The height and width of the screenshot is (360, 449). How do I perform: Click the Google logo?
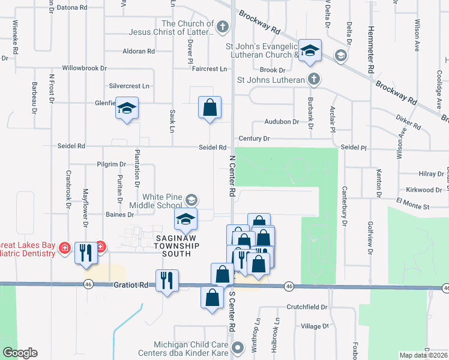[20, 353]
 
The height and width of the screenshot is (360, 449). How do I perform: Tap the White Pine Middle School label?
[162, 201]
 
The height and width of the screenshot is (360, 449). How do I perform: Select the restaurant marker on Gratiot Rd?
[166, 280]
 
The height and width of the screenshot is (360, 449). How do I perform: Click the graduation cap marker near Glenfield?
[127, 108]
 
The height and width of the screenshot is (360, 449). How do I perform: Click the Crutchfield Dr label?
[307, 307]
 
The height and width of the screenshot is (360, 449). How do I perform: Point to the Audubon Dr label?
[282, 122]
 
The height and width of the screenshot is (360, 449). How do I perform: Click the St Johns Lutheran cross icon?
[313, 79]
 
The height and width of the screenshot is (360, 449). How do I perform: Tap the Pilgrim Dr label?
[110, 164]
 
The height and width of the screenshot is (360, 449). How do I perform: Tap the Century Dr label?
[254, 139]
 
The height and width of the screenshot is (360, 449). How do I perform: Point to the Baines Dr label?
[119, 214]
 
